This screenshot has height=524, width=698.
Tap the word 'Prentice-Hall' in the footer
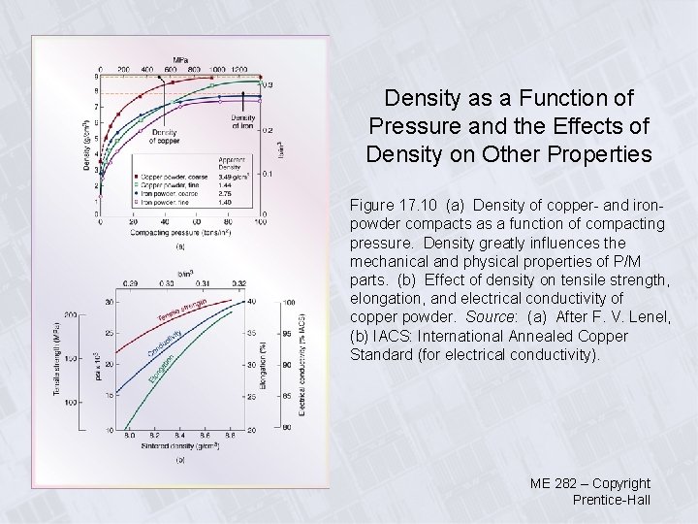coord(612,500)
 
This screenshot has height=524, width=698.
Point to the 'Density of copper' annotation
coord(164,136)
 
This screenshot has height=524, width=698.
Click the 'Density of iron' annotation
coord(243,122)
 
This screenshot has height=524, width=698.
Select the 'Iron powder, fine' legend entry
coord(161,201)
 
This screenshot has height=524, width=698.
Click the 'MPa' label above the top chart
coord(181,60)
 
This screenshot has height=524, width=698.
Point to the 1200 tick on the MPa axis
coord(239,70)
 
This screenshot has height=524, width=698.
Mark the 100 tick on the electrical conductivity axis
coord(290,303)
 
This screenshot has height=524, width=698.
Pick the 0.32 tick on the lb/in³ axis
coord(238,284)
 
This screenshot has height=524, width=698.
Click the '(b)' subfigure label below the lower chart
coord(180,461)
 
